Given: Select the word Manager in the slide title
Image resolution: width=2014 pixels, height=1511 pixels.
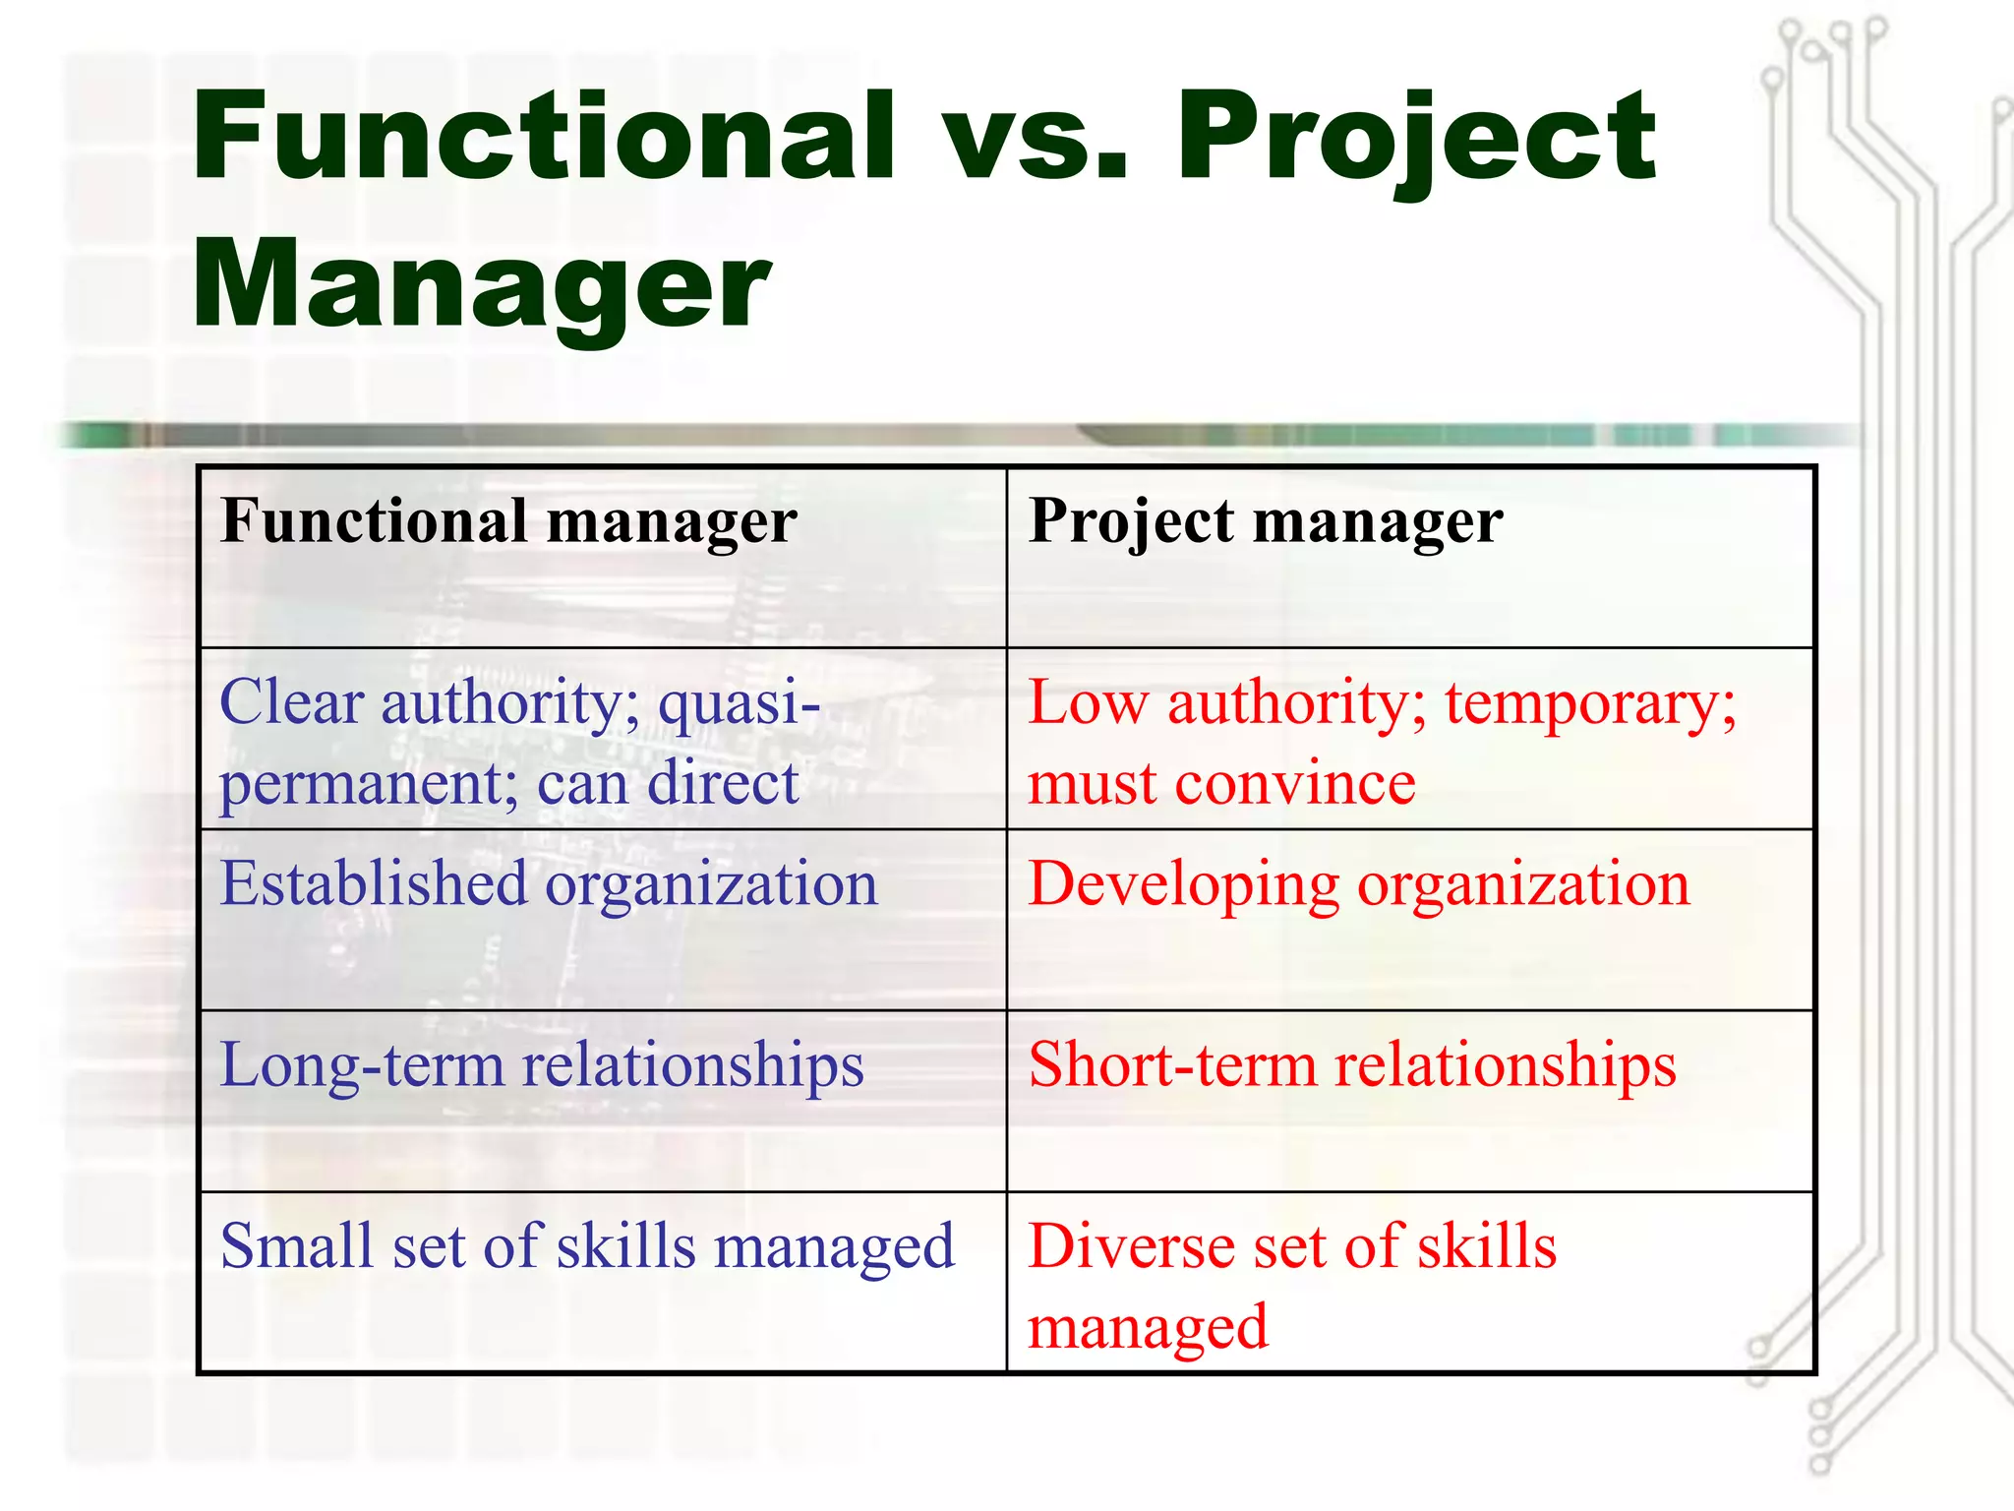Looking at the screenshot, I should click(481, 285).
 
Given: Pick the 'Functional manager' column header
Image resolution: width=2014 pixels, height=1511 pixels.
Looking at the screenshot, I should click(508, 521).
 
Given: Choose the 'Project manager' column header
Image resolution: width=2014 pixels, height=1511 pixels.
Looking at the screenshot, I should click(1266, 521).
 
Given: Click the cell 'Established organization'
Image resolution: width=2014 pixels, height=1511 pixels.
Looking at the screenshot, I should click(549, 883).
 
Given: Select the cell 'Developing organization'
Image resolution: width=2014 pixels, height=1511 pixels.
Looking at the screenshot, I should click(1359, 883).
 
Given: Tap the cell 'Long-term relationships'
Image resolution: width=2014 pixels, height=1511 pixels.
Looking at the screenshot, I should click(542, 1064).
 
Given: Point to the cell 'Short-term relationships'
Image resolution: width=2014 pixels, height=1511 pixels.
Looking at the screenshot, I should click(1352, 1064).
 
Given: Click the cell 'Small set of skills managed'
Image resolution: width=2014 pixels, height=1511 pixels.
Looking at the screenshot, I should click(587, 1246).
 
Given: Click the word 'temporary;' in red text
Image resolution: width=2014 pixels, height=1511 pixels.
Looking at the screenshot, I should click(1590, 704).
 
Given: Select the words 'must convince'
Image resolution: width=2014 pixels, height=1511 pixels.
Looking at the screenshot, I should click(1221, 785).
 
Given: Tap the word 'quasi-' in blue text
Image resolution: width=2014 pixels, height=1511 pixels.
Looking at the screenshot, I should click(739, 704).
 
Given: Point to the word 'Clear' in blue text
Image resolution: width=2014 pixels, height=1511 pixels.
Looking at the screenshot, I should click(292, 702).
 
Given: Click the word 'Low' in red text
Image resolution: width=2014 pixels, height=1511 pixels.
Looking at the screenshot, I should click(1088, 704).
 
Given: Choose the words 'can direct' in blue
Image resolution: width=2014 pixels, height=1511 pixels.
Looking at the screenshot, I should click(668, 784).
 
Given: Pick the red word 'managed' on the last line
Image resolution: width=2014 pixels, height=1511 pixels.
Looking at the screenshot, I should click(1148, 1328).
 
